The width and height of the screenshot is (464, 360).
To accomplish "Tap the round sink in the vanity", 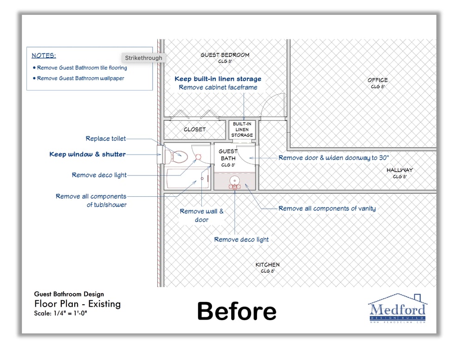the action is pos(235,180).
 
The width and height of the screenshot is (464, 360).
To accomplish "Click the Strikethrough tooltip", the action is pos(143,58).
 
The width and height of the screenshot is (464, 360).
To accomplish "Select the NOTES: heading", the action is pos(44,56).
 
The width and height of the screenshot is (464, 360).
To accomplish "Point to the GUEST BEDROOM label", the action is pos(225,55).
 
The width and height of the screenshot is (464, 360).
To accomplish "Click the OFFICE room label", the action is pos(378,80).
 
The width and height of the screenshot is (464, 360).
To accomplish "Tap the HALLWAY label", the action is pos(400,170).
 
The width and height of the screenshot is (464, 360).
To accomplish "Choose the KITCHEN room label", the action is pos(268,265).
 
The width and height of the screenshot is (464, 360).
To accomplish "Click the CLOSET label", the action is pos(195,129).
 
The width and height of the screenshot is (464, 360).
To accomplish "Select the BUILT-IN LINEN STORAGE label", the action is pos(242,129).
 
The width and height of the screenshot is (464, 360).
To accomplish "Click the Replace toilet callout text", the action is pos(106,138).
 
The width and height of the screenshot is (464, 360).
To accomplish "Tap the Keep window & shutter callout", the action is pos(88,154).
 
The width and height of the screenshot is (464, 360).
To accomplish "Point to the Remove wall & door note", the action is pos(201,215).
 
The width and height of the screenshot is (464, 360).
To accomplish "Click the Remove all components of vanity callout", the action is pos(327,209).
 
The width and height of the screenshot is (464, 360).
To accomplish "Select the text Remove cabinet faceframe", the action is pos(218,87).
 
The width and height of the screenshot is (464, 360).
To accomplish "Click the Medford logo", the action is pos(398,308).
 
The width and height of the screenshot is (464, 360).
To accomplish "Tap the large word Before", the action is pos(237,311).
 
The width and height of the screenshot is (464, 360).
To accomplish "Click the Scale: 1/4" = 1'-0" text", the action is pos(61,313).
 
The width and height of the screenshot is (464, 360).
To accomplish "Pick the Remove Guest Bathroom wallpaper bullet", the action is pos(78,78).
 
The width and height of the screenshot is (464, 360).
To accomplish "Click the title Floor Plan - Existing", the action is pos(77,304).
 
